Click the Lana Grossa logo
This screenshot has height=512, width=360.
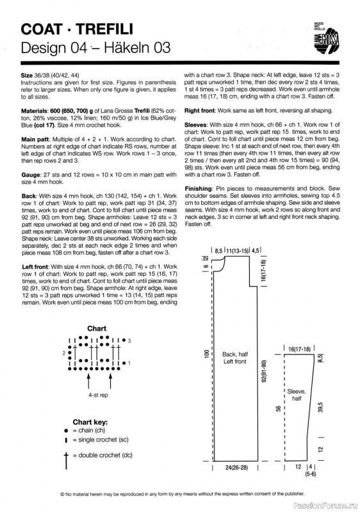[326, 38]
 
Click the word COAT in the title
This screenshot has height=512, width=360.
[42, 29]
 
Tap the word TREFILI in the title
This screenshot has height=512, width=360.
[105, 29]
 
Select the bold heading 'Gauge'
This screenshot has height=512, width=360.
[30, 175]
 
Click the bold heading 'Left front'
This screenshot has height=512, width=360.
[35, 267]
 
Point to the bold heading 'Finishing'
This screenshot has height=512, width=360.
[199, 188]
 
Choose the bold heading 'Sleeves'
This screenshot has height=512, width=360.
[195, 125]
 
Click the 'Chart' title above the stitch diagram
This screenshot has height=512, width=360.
[97, 328]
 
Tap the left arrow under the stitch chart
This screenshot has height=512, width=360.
[88, 381]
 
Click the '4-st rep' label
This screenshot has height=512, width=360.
[98, 395]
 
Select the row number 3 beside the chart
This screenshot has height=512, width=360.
[129, 340]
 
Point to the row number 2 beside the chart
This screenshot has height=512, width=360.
[64, 353]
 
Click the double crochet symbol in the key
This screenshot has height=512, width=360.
[66, 460]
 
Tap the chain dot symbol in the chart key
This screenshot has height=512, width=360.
[66, 431]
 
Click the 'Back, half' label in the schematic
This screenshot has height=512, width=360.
[235, 355]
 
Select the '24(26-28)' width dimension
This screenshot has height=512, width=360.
[236, 468]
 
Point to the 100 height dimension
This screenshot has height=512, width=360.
[206, 354]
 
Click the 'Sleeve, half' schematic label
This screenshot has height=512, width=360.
[297, 395]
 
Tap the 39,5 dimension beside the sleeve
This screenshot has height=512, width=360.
[320, 407]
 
